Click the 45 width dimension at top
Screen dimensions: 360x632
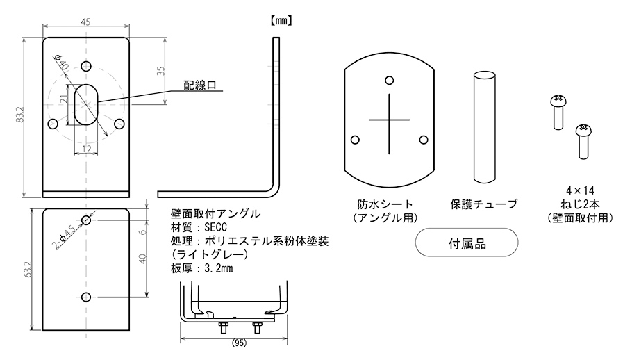(85, 22)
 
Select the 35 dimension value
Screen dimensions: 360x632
(160, 72)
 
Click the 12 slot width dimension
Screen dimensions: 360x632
(87, 148)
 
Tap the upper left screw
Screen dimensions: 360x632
(557, 112)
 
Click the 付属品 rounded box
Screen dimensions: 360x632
(466, 245)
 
